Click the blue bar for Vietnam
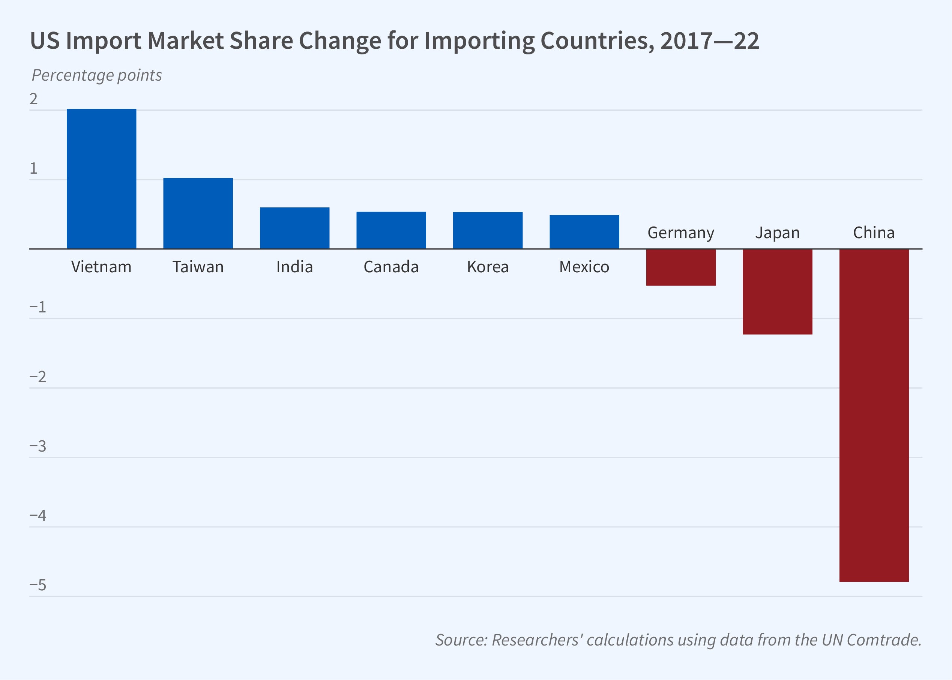(101, 179)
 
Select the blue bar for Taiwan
(198, 213)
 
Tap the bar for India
(294, 228)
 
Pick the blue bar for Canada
(391, 230)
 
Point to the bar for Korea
(488, 231)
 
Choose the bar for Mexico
(584, 232)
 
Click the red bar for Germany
(681, 267)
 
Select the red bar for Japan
(778, 291)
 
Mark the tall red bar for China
(874, 414)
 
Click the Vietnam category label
(101, 267)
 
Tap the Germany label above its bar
(681, 233)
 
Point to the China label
(874, 233)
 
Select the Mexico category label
(584, 267)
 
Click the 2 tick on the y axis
(33, 99)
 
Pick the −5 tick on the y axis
(38, 585)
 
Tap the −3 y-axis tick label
(38, 446)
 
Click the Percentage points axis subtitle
(97, 75)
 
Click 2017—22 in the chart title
(709, 41)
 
